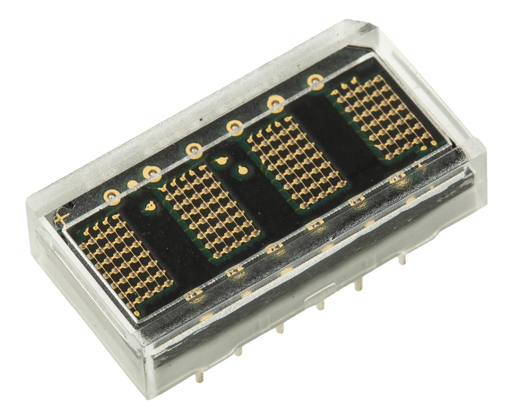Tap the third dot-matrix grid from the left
296,164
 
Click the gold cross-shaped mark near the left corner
60,218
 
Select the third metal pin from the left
279,328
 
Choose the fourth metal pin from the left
320,305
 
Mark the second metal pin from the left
239,351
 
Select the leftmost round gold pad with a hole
112,196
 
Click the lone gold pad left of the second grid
150,207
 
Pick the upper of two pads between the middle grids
221,161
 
